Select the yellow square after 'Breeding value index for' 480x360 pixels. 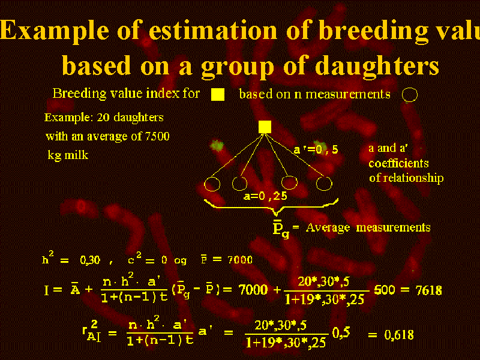(218, 95)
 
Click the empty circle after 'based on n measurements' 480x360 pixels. (410, 95)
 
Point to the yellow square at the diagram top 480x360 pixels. (265, 127)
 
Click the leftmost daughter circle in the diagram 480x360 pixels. (212, 184)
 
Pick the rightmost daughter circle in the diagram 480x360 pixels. (324, 184)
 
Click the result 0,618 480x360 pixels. (399, 335)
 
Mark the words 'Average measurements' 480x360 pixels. (368, 227)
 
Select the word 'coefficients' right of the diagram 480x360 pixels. (398, 163)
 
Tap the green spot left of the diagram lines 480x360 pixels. (217, 146)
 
